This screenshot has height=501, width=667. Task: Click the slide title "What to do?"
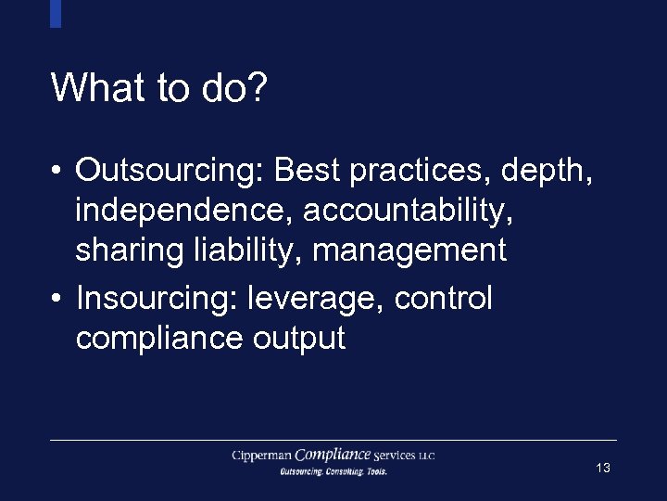159,88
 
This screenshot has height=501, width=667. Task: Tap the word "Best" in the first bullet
308,171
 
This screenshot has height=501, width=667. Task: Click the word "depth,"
547,171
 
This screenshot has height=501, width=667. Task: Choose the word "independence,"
184,211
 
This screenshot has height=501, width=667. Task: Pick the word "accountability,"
409,211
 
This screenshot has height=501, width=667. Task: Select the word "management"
410,250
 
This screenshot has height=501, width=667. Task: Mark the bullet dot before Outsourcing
57,172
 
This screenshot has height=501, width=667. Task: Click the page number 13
603,469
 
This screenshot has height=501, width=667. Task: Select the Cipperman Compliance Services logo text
333,456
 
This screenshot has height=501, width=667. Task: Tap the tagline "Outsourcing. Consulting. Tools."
333,471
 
